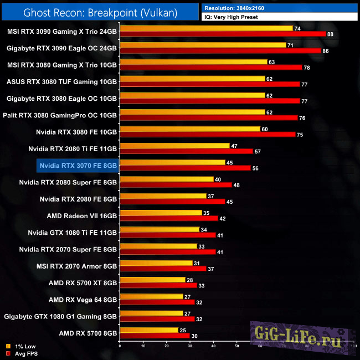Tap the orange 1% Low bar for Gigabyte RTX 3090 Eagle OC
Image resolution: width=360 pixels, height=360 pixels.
(x=203, y=45)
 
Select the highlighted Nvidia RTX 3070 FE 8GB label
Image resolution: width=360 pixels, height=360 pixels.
(x=78, y=165)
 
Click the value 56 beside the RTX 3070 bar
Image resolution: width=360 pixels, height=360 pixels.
(x=255, y=168)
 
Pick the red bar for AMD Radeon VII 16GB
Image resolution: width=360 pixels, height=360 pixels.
(x=168, y=218)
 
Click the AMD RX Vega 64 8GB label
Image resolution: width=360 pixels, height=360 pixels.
(x=83, y=300)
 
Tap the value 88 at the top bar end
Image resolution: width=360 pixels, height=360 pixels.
(x=331, y=34)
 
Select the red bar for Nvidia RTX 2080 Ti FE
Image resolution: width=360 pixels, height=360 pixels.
(x=186, y=151)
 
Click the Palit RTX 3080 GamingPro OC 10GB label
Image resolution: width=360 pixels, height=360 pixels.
(x=63, y=115)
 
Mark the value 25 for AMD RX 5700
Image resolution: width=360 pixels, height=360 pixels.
(x=183, y=331)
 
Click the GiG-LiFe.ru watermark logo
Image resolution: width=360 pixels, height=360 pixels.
(x=299, y=334)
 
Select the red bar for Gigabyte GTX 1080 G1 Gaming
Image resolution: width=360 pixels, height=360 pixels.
(x=157, y=319)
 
